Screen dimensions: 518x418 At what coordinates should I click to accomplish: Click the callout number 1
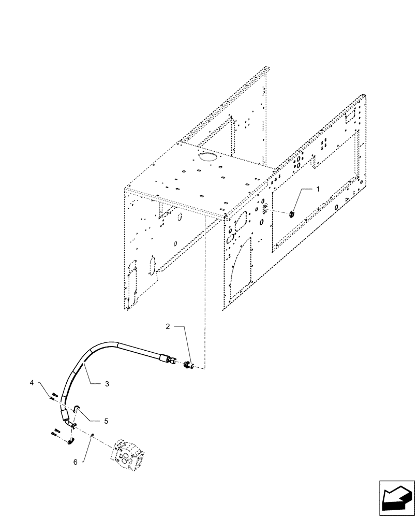[318, 190]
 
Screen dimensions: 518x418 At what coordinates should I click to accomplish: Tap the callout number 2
[168, 326]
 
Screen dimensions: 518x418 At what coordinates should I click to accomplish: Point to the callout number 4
[46, 383]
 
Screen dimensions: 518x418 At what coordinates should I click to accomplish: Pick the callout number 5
[106, 421]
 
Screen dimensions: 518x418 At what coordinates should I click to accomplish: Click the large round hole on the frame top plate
[209, 156]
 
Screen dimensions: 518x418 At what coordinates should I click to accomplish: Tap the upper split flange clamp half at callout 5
[76, 410]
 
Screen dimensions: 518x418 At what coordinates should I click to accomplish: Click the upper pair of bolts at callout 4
[53, 397]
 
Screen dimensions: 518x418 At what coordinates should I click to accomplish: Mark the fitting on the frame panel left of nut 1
[265, 208]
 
